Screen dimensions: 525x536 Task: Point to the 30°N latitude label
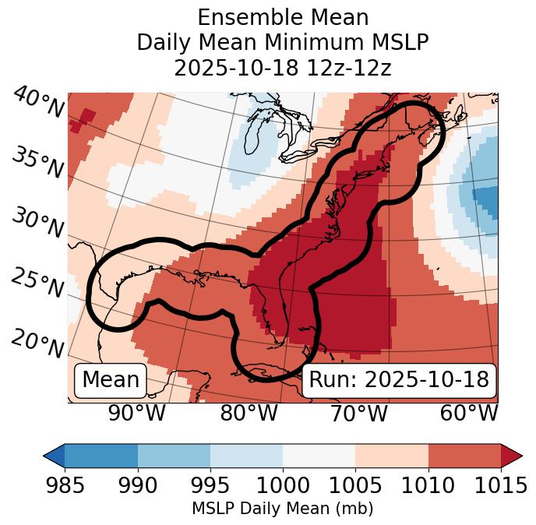point(37,224)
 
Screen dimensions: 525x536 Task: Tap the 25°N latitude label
point(37,283)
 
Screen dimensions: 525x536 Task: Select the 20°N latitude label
point(37,343)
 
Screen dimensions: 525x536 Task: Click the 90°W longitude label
point(136,414)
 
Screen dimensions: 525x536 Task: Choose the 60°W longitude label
point(469,414)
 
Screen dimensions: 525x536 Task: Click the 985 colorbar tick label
point(65,486)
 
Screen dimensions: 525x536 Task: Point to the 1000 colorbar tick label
point(283,486)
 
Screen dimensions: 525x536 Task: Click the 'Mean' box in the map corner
point(111,380)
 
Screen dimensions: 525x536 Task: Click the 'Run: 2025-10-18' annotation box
point(399,380)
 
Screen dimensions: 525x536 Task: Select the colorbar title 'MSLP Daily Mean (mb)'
point(282,509)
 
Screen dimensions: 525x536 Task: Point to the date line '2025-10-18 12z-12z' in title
point(282,68)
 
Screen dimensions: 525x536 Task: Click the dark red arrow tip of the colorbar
point(512,456)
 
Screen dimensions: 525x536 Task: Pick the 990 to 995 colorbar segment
point(174,456)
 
